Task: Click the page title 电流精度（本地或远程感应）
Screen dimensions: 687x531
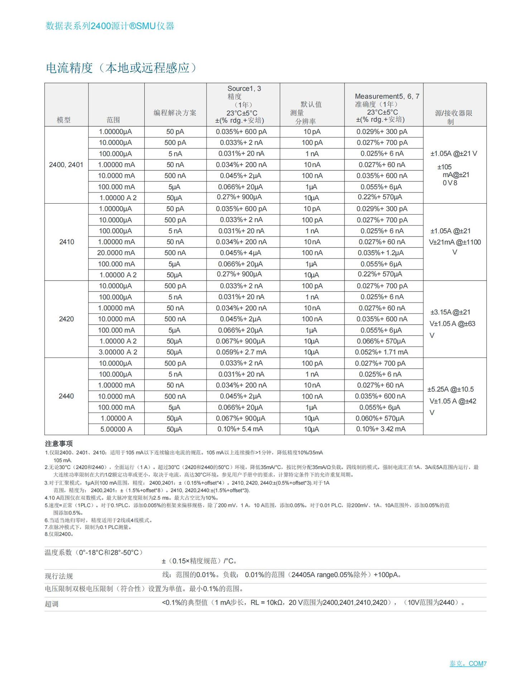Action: [121, 68]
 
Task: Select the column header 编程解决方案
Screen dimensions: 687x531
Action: [175, 113]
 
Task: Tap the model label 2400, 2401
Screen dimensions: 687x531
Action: [66, 165]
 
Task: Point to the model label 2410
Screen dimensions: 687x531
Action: [67, 242]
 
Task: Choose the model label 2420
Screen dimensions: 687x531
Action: [66, 319]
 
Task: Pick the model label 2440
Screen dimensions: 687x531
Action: [66, 396]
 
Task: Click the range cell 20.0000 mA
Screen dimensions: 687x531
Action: [116, 253]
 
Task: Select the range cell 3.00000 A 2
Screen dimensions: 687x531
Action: [118, 352]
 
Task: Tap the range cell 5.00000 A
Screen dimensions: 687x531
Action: [116, 429]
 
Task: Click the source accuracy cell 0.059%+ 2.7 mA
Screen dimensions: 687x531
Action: [241, 352]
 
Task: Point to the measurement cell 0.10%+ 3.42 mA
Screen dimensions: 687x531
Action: [381, 429]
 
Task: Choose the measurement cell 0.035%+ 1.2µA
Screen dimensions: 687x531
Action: [381, 253]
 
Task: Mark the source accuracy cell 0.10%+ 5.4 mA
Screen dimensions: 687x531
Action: [240, 429]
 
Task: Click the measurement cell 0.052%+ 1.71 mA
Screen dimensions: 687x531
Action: [381, 352]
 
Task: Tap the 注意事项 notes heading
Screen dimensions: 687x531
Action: [59, 444]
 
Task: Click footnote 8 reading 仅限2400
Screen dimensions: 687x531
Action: [59, 534]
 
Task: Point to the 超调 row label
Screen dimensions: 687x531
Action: [51, 604]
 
